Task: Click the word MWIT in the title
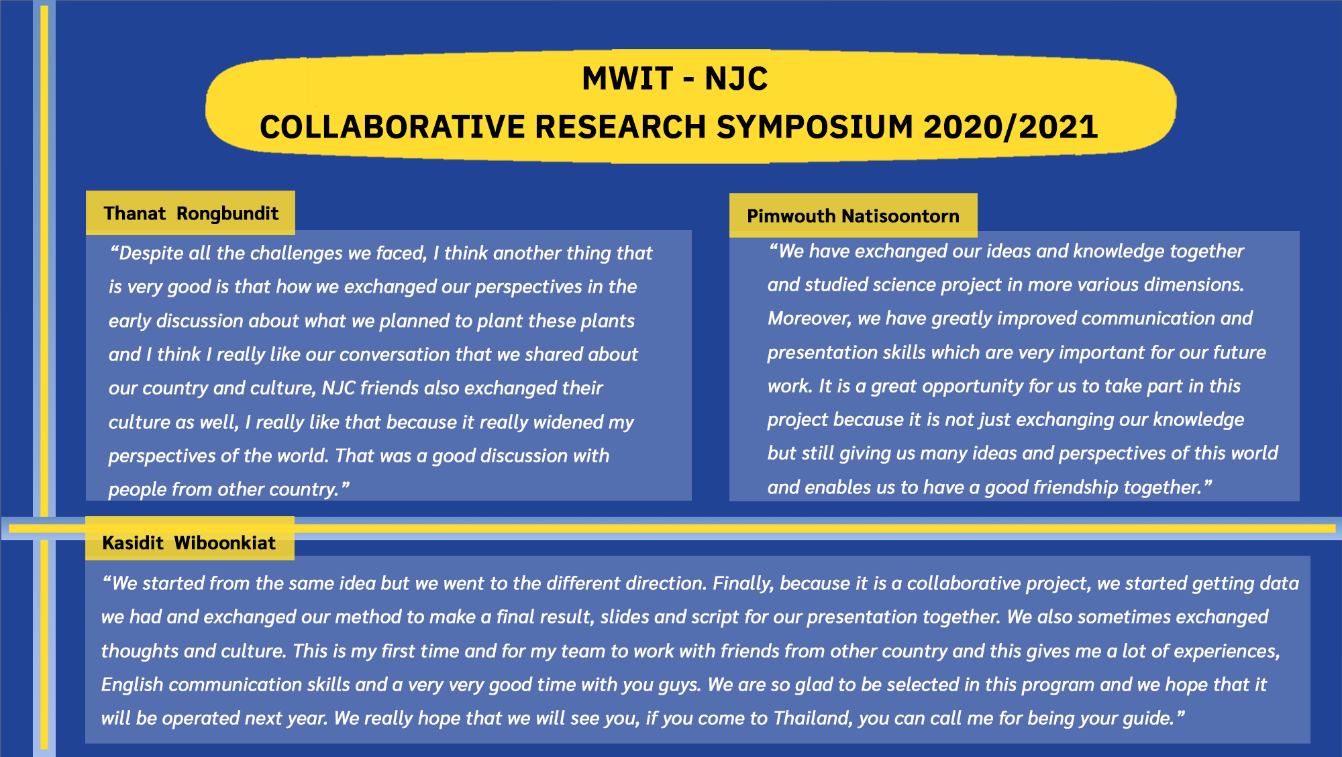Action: [x=627, y=79]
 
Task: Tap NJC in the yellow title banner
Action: [x=736, y=79]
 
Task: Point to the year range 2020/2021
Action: [x=1011, y=127]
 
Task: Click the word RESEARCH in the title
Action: [x=621, y=127]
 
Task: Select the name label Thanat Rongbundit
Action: [x=191, y=213]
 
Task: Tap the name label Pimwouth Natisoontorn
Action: [x=853, y=216]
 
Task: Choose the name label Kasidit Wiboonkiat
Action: [x=189, y=542]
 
